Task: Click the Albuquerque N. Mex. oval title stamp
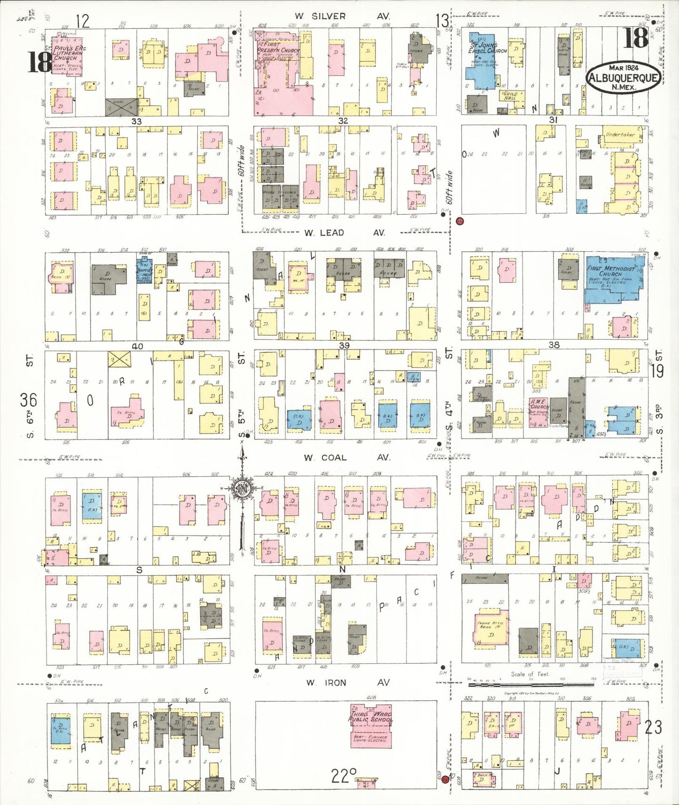pos(623,77)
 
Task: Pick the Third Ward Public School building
pos(371,723)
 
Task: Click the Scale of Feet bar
pos(531,685)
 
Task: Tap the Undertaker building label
pos(620,135)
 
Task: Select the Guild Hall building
pos(511,96)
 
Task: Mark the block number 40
pos(137,347)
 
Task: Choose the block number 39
pos(344,346)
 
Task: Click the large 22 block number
pos(343,776)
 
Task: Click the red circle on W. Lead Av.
pos(460,221)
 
